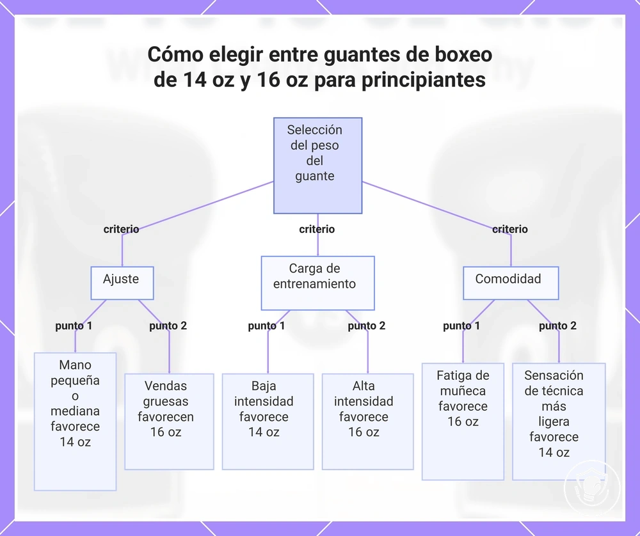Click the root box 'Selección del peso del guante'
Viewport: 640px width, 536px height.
coord(317,166)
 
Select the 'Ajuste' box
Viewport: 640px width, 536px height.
coord(122,283)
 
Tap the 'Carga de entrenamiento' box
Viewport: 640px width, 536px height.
coord(317,283)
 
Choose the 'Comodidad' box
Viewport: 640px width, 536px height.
coord(511,283)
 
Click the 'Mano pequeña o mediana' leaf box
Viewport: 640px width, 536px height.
coord(75,422)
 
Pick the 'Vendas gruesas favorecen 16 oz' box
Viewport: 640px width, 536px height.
coord(169,422)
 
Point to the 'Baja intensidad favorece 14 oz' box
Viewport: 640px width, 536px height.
coord(268,422)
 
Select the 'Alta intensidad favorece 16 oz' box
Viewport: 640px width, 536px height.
coord(368,422)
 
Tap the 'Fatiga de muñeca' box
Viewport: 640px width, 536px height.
coord(463,422)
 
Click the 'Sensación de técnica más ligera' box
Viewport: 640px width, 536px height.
coord(559,422)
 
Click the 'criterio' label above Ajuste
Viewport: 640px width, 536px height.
coord(121,229)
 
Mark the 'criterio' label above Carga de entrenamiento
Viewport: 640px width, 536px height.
coord(317,229)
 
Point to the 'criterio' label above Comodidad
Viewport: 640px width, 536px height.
coord(510,229)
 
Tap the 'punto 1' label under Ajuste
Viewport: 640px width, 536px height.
coord(74,326)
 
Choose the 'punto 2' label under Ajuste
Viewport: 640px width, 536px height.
coord(168,326)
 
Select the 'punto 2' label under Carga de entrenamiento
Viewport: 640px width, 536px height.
coord(367,326)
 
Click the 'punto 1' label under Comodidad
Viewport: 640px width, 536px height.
coord(461,326)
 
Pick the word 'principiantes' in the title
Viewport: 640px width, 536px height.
coord(424,81)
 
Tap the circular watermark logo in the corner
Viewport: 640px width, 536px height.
coord(592,488)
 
